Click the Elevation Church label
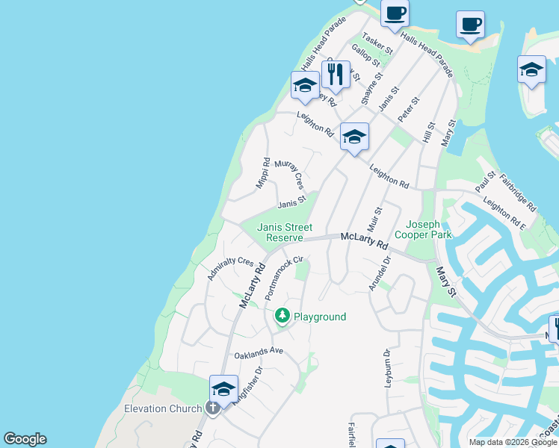[x=163, y=408]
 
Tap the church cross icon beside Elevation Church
[x=213, y=408]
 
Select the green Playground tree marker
[x=282, y=317]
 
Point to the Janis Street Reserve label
[x=279, y=232]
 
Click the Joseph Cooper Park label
[x=428, y=229]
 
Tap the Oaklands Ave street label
[x=259, y=351]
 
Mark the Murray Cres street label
[x=290, y=173]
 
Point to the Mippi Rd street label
[x=263, y=172]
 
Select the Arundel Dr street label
[x=380, y=274]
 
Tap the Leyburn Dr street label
[x=387, y=367]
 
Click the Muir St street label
[x=374, y=220]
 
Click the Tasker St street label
[x=377, y=43]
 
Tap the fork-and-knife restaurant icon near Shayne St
[x=336, y=75]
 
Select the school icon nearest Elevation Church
[x=223, y=389]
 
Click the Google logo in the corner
[x=25, y=439]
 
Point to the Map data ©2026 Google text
[x=512, y=442]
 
